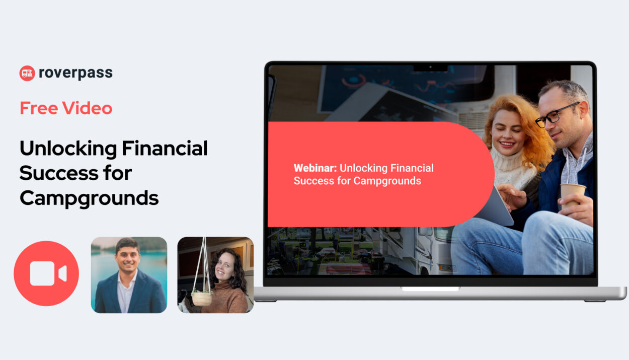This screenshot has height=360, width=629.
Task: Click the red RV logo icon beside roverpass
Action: (27, 74)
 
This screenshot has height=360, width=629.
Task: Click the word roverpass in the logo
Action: (76, 73)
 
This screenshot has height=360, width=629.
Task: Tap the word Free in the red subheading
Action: (39, 108)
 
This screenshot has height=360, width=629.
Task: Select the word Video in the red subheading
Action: (87, 108)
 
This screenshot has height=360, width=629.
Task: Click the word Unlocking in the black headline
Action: (68, 149)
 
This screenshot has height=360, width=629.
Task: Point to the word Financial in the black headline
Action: (165, 148)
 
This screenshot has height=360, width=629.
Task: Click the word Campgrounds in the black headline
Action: (89, 199)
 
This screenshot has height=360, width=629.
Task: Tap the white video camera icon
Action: (48, 273)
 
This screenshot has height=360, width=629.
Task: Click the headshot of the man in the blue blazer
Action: (129, 275)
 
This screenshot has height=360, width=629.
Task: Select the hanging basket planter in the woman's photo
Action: (201, 298)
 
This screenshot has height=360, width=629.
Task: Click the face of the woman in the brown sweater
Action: (224, 266)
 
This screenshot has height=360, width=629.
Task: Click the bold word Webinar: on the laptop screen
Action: (315, 168)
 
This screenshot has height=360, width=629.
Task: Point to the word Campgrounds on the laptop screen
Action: (387, 181)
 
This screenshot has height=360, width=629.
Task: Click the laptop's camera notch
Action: (430, 68)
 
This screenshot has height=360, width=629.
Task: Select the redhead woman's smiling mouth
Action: (507, 145)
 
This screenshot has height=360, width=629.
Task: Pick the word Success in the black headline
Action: (59, 173)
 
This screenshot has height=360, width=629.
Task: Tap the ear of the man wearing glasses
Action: (585, 111)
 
